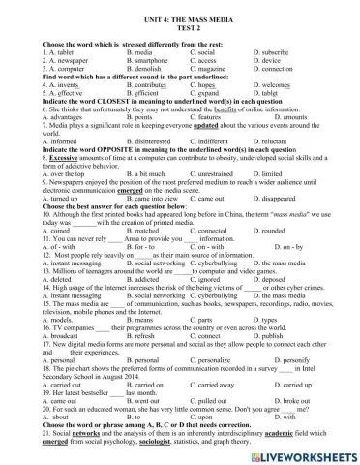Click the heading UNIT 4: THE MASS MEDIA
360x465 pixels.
[x=179, y=8]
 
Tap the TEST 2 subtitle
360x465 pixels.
[x=179, y=17]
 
